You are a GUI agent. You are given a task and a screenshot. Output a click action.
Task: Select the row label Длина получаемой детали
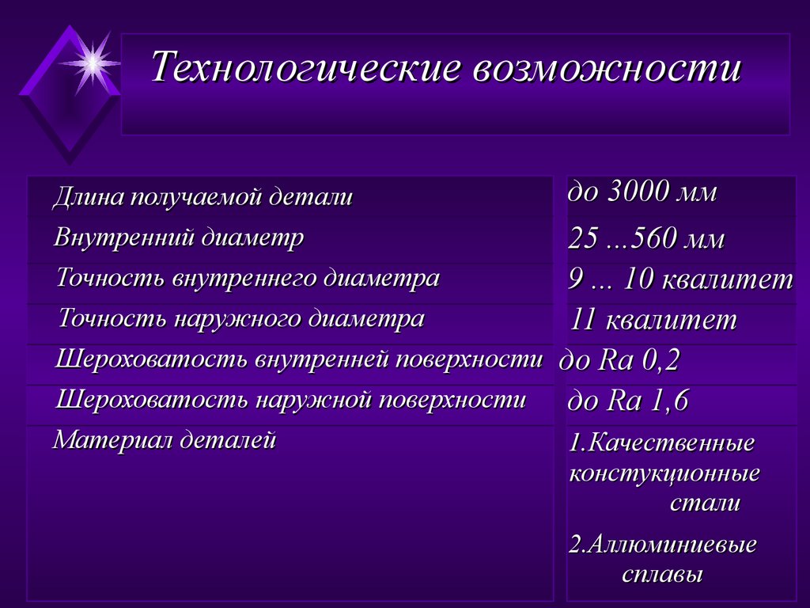point(202,197)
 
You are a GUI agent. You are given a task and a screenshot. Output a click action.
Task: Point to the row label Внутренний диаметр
point(180,237)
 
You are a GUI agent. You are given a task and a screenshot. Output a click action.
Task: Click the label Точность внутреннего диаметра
point(248,279)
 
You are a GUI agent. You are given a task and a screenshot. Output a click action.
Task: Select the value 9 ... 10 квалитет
point(680,279)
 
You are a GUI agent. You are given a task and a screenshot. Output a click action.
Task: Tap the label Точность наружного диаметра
point(242,319)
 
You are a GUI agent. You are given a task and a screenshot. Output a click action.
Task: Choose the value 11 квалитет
point(653,320)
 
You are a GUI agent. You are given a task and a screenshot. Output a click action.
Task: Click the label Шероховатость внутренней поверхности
point(300,359)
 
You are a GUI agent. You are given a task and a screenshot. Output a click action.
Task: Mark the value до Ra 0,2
point(620,361)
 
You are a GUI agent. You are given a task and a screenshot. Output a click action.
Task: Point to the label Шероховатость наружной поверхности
point(291,400)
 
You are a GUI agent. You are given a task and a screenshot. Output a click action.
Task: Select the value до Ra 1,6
point(628,401)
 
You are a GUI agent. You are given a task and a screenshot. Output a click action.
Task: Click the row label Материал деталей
point(165,440)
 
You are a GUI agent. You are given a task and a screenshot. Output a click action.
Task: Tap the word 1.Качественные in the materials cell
point(662,443)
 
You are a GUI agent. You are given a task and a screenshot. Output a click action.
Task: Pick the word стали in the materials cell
point(706,503)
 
